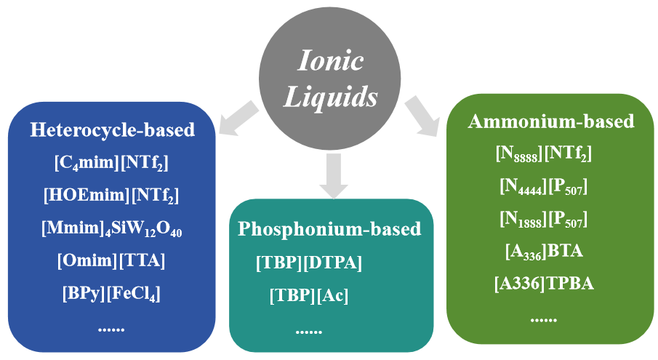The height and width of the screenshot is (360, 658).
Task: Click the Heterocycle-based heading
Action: (112, 130)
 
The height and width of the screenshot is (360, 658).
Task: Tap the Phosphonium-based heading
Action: (329, 229)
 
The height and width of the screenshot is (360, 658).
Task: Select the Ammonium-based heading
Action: (550, 121)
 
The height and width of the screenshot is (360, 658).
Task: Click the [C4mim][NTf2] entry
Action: (111, 164)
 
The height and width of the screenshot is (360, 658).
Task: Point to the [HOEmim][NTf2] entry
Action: (111, 196)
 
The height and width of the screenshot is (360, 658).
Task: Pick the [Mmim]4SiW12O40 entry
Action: (111, 228)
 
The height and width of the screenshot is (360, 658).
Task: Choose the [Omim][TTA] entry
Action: (111, 260)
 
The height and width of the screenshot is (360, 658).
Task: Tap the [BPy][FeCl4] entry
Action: (111, 293)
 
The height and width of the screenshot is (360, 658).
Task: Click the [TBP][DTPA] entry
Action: (309, 263)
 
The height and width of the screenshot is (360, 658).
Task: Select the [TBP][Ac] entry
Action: (309, 296)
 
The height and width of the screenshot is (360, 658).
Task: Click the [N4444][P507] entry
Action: (544, 186)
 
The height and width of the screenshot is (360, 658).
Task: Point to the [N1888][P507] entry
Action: (544, 219)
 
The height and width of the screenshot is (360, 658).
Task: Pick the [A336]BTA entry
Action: (544, 252)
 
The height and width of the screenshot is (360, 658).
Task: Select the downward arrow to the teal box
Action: (332, 175)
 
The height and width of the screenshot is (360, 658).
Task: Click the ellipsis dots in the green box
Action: (543, 317)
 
